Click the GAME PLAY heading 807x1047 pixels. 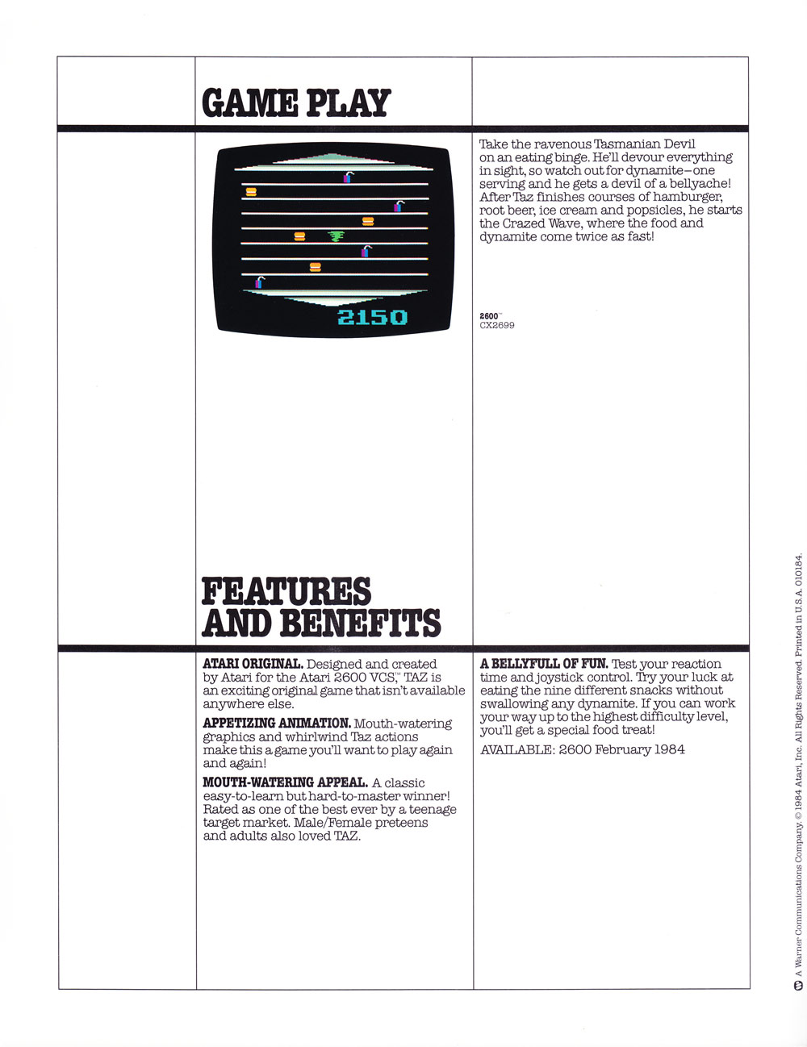pos(296,102)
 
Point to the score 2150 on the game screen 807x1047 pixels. pos(372,317)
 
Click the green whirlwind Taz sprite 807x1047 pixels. pos(336,236)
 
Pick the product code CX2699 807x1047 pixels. pos(497,325)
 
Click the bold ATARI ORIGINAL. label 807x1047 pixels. pos(253,664)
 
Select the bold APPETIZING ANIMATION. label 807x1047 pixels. pos(276,724)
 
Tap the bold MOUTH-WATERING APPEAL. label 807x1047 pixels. pos(285,782)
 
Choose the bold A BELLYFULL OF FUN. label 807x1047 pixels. pos(544,664)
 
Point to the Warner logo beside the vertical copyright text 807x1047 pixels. pos(797,986)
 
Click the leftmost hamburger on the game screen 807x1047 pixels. pos(251,192)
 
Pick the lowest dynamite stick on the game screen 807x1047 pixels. pos(260,282)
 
